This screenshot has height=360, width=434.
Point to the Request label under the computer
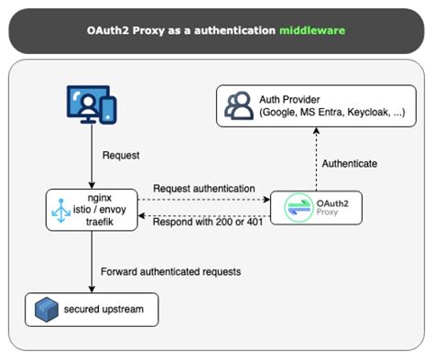pyautogui.click(x=122, y=156)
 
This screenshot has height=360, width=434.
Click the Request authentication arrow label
pyautogui.click(x=203, y=189)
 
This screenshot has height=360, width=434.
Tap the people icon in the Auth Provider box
pyautogui.click(x=240, y=106)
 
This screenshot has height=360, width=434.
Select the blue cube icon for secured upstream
pyautogui.click(x=44, y=308)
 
